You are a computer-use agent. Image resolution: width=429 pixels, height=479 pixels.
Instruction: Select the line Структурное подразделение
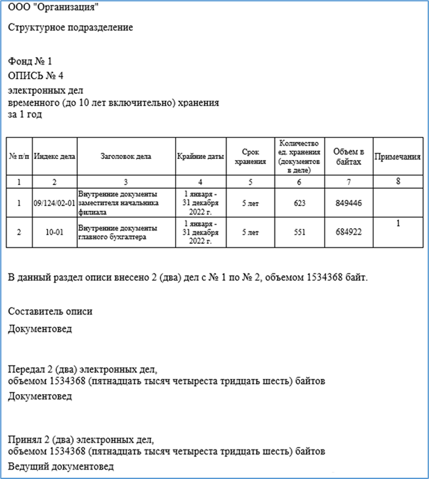coord(70,27)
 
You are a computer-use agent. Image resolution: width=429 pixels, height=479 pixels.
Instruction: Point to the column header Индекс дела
coord(55,157)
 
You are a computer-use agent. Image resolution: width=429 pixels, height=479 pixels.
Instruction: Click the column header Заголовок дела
coord(126,157)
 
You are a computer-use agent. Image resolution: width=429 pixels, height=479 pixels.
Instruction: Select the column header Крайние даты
coord(201,157)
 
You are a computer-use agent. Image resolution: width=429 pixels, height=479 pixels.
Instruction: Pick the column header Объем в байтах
coord(349,157)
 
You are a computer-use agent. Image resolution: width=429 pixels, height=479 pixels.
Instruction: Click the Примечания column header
coord(398,157)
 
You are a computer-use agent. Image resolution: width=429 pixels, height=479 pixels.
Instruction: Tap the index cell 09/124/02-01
coord(55,203)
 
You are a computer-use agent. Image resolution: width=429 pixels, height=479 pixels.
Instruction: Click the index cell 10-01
coord(55,231)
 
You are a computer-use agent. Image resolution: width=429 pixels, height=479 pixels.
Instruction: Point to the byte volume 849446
coord(349,203)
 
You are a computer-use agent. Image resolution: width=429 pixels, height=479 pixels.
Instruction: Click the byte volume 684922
coord(349,231)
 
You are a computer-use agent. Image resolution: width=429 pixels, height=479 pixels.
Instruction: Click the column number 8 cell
coord(398,182)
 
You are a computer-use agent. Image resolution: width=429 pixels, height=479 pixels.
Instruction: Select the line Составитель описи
coord(50,312)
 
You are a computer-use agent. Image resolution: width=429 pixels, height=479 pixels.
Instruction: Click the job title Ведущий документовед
coord(61,466)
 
